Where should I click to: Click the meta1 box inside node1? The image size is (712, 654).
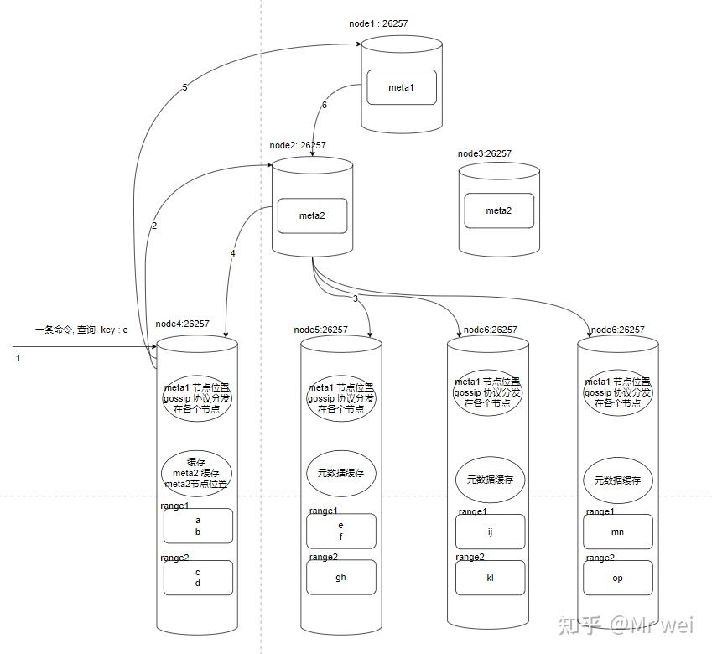pyautogui.click(x=402, y=87)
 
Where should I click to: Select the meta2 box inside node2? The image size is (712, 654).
pyautogui.click(x=313, y=215)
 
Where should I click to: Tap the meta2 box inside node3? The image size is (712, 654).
pyautogui.click(x=499, y=210)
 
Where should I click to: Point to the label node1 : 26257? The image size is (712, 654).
pyautogui.click(x=378, y=23)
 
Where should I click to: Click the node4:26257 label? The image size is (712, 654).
pyautogui.click(x=183, y=324)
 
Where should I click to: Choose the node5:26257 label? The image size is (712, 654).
pyautogui.click(x=320, y=330)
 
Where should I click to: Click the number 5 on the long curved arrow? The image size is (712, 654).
pyautogui.click(x=184, y=87)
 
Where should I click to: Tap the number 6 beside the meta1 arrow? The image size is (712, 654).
pyautogui.click(x=325, y=105)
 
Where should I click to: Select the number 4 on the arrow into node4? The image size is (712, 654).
pyautogui.click(x=232, y=253)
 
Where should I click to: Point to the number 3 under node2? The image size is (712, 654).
pyautogui.click(x=355, y=298)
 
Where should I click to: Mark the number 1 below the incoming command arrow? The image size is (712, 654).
pyautogui.click(x=18, y=358)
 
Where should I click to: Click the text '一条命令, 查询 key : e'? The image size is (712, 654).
pyautogui.click(x=81, y=330)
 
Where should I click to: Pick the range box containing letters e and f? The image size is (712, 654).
pyautogui.click(x=341, y=531)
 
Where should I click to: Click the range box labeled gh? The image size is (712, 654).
pyautogui.click(x=341, y=578)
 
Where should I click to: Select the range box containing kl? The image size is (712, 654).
pyautogui.click(x=491, y=578)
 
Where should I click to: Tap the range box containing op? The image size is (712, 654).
pyautogui.click(x=618, y=578)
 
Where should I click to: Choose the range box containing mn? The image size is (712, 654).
pyautogui.click(x=618, y=532)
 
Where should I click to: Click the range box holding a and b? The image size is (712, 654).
pyautogui.click(x=198, y=526)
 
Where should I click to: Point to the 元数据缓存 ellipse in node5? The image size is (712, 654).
pyautogui.click(x=341, y=473)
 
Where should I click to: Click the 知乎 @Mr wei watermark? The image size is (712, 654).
pyautogui.click(x=626, y=625)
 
